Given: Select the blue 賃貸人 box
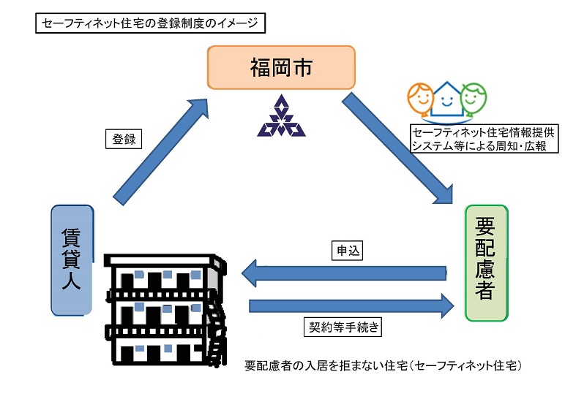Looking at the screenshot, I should pos(72,259).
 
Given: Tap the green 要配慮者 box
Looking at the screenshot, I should pos(486,263).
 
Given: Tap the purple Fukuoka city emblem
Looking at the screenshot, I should pos(281,117).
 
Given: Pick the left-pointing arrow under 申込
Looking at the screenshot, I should pos(344,273).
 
